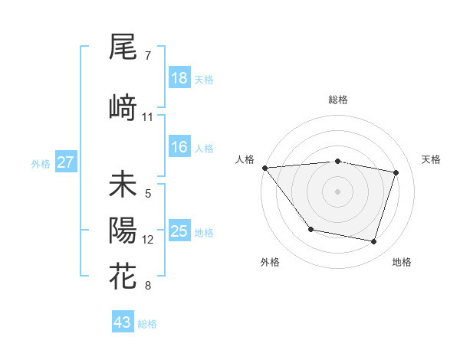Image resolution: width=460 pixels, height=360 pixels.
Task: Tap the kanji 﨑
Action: [123, 108]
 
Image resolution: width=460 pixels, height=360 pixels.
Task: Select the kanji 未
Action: [123, 185]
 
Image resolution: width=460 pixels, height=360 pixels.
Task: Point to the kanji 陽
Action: [123, 231]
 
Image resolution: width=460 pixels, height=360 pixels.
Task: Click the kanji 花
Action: [123, 277]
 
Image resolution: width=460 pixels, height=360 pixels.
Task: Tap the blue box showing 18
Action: [179, 78]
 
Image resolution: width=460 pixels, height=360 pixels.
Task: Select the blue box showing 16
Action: [179, 147]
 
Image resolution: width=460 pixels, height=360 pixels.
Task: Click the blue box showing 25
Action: [179, 231]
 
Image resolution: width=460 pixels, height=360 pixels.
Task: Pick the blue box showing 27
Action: [65, 162]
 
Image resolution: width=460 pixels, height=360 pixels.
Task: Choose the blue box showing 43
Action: [123, 322]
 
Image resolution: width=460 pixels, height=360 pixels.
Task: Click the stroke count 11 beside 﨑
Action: [148, 117]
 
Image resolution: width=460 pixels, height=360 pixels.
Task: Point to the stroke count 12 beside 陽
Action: [148, 240]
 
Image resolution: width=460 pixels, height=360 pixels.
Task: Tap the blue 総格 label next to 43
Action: [148, 324]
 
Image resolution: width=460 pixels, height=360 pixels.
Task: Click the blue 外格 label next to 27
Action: [41, 163]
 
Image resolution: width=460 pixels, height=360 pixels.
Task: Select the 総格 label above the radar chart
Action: [337, 100]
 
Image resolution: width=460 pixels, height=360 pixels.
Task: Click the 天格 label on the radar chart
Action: [431, 159]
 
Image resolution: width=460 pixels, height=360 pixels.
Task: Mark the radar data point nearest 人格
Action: [264, 168]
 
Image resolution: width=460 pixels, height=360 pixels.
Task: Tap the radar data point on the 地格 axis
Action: [373, 242]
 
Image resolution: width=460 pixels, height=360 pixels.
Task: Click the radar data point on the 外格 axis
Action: [310, 229]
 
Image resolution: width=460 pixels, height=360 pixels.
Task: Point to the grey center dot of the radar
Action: [337, 191]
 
